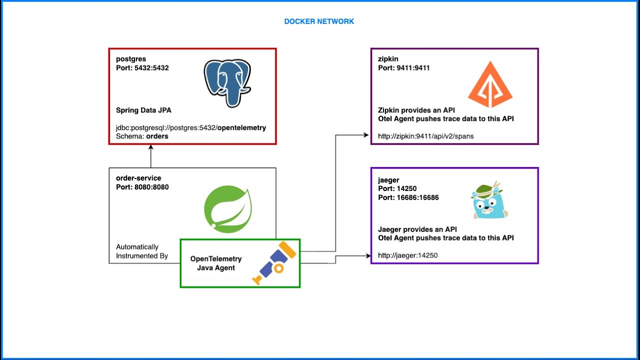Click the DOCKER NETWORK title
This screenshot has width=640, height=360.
point(319,21)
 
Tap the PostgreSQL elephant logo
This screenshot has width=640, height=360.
point(227,83)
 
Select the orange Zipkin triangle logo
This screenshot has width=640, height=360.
point(490,84)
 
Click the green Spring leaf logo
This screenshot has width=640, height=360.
point(227,209)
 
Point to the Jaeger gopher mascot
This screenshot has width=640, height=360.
point(489,200)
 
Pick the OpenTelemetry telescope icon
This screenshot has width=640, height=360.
point(274,263)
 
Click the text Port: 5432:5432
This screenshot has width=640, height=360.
point(142,68)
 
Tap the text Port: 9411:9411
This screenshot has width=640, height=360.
point(403,68)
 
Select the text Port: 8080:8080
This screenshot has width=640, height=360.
point(142,187)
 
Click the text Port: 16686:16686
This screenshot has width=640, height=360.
point(408,197)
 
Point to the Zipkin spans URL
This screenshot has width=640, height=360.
point(425,136)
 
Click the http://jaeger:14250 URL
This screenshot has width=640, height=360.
point(407,255)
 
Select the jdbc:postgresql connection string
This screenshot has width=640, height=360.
point(191,127)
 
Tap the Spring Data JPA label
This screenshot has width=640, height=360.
point(143,110)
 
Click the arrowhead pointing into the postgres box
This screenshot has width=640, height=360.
point(151,147)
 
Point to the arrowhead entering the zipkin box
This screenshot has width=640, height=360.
point(366,135)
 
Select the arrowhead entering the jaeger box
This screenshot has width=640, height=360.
point(368,255)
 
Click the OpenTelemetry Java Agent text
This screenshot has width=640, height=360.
point(216,263)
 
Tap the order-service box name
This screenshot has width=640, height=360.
point(138,178)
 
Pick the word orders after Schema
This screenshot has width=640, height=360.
point(157,136)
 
